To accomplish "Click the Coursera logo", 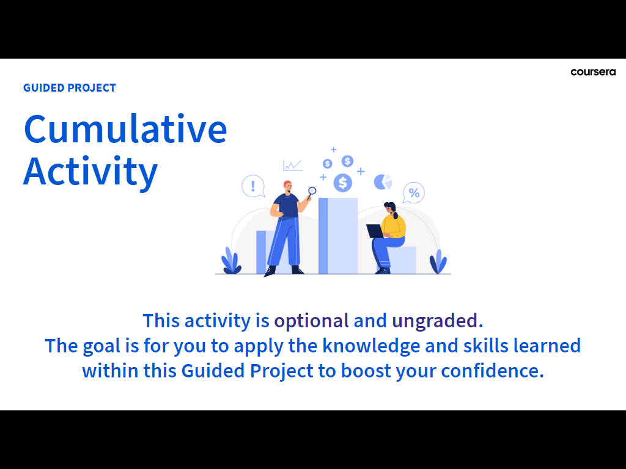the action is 593,72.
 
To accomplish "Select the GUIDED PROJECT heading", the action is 70,88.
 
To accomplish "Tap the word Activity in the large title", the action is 90,172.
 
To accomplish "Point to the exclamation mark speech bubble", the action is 253,186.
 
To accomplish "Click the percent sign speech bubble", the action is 414,193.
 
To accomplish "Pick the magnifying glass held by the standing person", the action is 311,192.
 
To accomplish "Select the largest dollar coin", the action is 342,183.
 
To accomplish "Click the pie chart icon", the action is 383,182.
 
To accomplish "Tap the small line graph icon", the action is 293,165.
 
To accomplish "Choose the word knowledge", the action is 371,346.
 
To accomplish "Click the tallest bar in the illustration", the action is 338,236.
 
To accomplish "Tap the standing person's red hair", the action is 287,184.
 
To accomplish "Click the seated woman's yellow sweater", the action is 393,226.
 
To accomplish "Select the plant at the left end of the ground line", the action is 231,261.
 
